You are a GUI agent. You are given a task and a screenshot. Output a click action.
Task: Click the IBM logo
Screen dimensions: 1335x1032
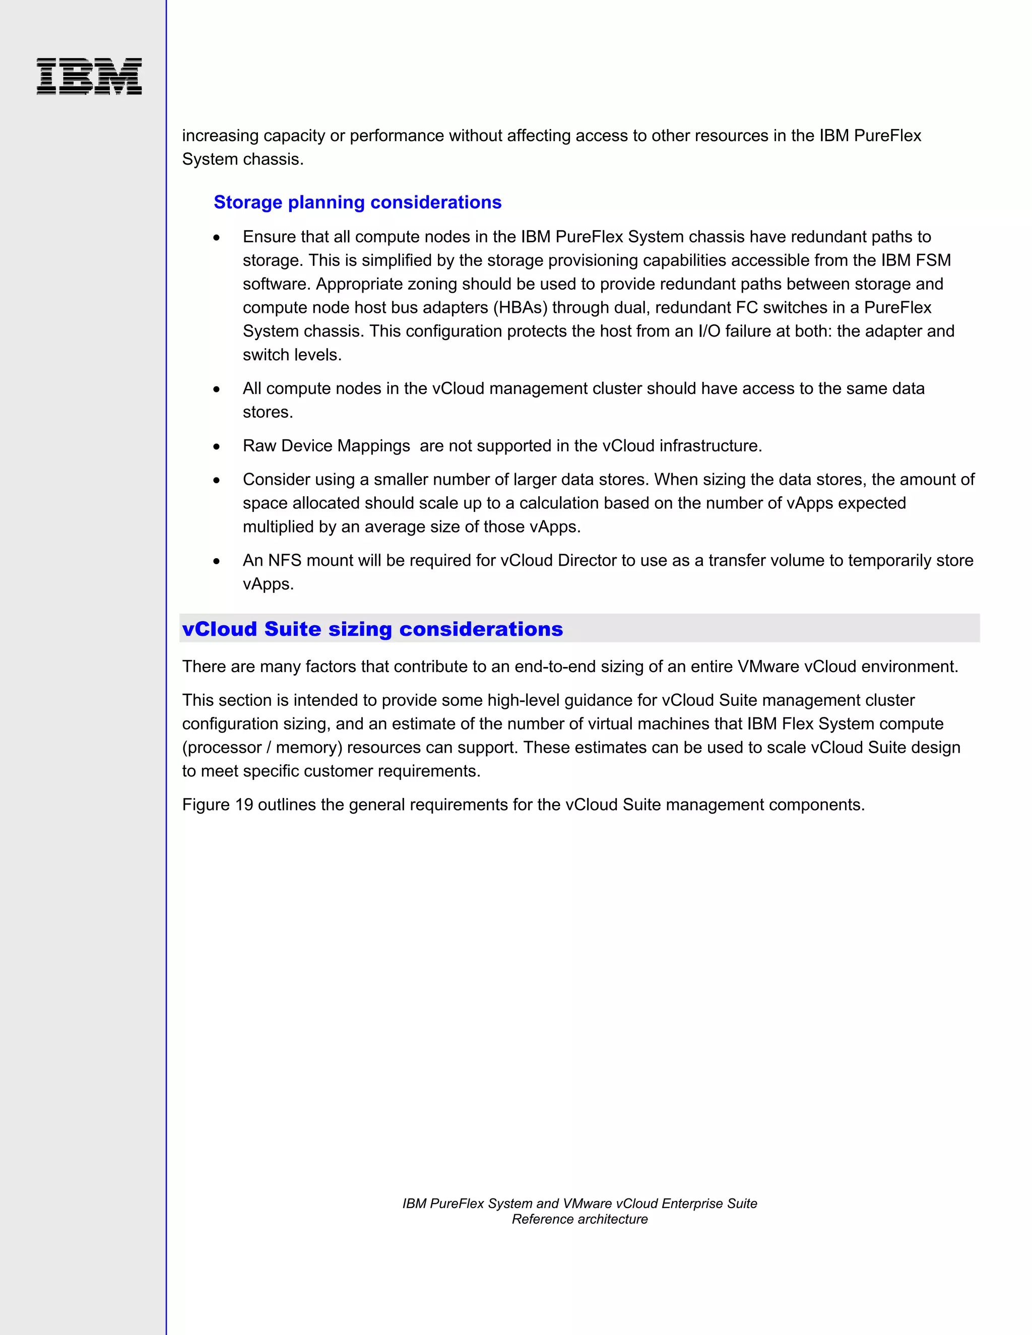[x=89, y=77]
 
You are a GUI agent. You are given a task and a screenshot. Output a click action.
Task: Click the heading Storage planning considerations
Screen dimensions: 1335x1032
[x=357, y=203]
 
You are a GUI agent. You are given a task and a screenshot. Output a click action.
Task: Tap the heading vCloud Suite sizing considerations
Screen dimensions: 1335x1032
[x=372, y=629]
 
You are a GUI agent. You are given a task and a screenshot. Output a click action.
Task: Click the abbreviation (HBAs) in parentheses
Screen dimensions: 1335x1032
[x=520, y=307]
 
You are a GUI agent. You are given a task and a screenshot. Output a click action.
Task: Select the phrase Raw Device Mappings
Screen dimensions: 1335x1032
[x=326, y=446]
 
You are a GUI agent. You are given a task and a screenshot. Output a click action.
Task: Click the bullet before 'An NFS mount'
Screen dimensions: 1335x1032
[x=216, y=561]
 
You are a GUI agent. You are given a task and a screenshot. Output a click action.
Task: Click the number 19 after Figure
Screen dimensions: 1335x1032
[x=244, y=805]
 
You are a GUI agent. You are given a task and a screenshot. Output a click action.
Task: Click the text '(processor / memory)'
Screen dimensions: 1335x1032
[x=262, y=748]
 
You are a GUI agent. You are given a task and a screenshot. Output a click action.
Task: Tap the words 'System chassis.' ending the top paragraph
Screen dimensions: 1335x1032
[x=243, y=160]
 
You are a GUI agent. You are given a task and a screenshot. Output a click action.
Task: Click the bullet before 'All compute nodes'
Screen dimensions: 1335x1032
[x=216, y=389]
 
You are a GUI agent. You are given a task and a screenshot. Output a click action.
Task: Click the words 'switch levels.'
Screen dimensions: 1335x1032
[x=292, y=355]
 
